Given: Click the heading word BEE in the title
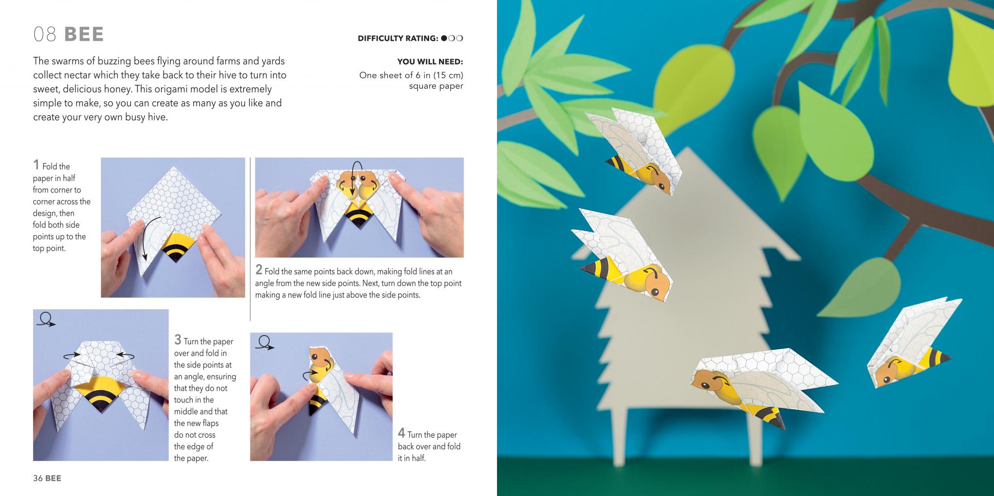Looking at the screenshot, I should (x=84, y=34).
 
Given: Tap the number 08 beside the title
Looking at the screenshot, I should (x=45, y=34).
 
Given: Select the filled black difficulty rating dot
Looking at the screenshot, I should (x=444, y=38).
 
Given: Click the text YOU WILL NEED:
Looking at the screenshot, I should (x=430, y=62).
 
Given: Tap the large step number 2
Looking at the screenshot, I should (x=259, y=270).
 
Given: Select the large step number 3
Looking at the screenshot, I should (x=178, y=339).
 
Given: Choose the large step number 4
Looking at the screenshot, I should (x=401, y=433).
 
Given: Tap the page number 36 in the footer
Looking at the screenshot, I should (x=38, y=478).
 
